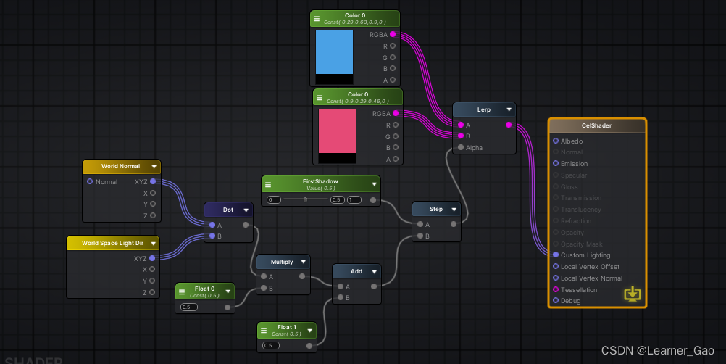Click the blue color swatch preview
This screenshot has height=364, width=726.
[x=334, y=51]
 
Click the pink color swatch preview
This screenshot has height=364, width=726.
[x=337, y=131]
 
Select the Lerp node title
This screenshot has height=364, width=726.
[x=483, y=109]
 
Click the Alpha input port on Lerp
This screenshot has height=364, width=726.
[x=460, y=147]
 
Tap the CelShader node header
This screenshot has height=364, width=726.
[x=596, y=125]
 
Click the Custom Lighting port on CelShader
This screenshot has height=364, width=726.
[x=556, y=255]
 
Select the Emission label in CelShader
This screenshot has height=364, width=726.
[x=574, y=164]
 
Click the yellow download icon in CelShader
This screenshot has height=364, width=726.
[x=633, y=294]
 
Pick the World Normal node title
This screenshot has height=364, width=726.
[x=120, y=167]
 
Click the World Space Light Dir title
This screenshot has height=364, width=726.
[x=113, y=243]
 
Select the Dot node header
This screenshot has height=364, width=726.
[x=228, y=210]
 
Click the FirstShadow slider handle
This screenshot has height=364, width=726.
[x=305, y=199]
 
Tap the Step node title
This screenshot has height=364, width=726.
[x=435, y=209]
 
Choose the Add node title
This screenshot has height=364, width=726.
[x=356, y=271]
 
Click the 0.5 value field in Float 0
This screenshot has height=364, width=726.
[x=189, y=307]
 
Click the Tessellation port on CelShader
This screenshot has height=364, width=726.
[x=556, y=289]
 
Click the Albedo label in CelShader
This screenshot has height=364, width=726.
[x=571, y=141]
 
